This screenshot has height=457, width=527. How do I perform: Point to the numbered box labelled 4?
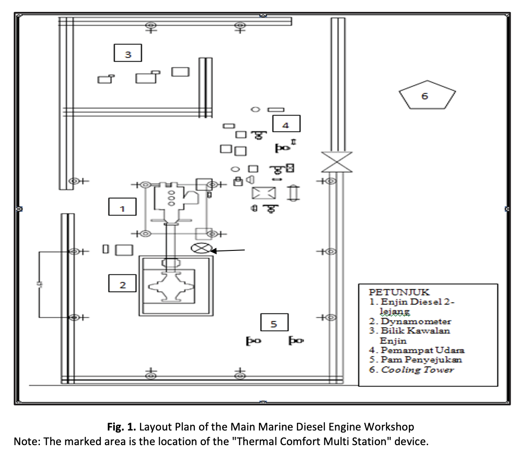click(286, 124)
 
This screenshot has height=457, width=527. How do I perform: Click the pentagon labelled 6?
click(427, 95)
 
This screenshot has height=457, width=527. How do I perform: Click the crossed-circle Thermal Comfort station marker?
click(200, 249)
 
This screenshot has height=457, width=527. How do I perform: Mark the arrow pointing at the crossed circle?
click(229, 250)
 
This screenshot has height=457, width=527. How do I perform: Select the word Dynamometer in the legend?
click(417, 321)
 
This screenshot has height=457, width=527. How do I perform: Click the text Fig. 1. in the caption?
click(121, 427)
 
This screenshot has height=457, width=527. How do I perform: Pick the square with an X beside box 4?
click(264, 192)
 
